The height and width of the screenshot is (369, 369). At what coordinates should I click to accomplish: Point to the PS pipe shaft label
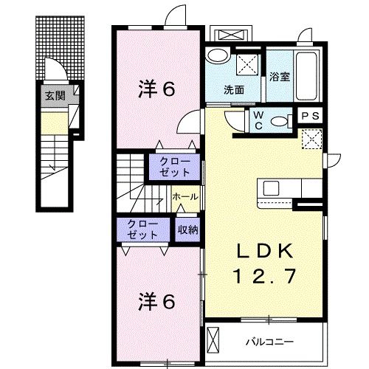[309, 116]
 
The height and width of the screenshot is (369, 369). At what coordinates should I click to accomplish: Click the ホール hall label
[183, 197]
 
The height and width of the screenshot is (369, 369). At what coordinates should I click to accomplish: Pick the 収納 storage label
[187, 230]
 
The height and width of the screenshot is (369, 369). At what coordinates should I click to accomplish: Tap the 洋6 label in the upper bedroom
[156, 89]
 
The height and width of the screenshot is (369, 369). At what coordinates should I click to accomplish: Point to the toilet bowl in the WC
[279, 123]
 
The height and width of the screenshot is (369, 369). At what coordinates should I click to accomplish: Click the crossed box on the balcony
[214, 341]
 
